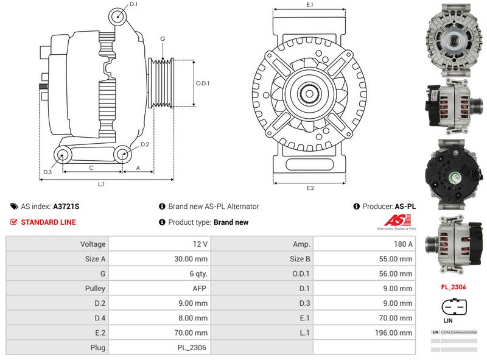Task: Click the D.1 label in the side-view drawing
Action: [x=134, y=4]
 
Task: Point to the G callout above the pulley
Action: [x=163, y=39]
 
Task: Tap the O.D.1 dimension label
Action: [x=203, y=83]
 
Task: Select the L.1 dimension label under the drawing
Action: [x=102, y=184]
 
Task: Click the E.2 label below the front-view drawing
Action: [x=310, y=188]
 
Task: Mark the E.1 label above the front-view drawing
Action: [x=310, y=5]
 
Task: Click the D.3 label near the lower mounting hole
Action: [x=47, y=173]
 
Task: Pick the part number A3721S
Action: [x=66, y=206]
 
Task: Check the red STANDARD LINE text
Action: [x=48, y=222]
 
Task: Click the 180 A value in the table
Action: [x=402, y=244]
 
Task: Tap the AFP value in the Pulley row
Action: [x=200, y=289]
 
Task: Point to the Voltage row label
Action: [x=93, y=244]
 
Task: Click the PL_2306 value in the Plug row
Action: [x=194, y=348]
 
